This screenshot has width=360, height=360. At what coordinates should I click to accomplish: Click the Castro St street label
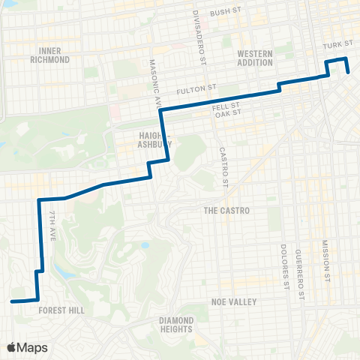(223, 166)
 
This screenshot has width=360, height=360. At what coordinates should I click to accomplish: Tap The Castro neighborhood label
(226, 211)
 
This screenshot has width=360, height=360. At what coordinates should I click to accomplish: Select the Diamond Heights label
(177, 325)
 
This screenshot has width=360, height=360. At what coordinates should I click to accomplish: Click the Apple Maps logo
(27, 347)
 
